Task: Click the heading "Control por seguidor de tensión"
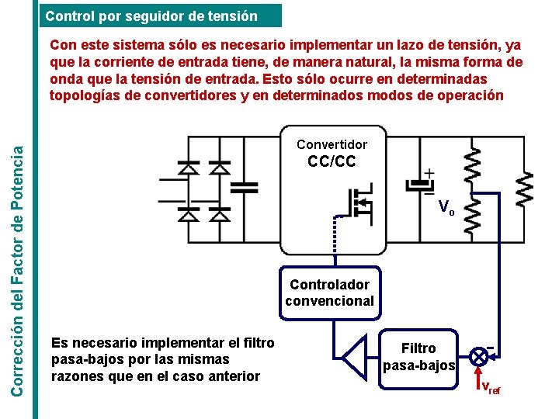pos(151,15)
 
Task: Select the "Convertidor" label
pos(332,144)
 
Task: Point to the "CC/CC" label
pos(332,161)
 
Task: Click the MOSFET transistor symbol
pos(356,204)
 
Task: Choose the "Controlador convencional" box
pos(330,293)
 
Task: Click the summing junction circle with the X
pos(480,357)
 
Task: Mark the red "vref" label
pos(491,388)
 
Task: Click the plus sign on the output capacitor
pos(429,174)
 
